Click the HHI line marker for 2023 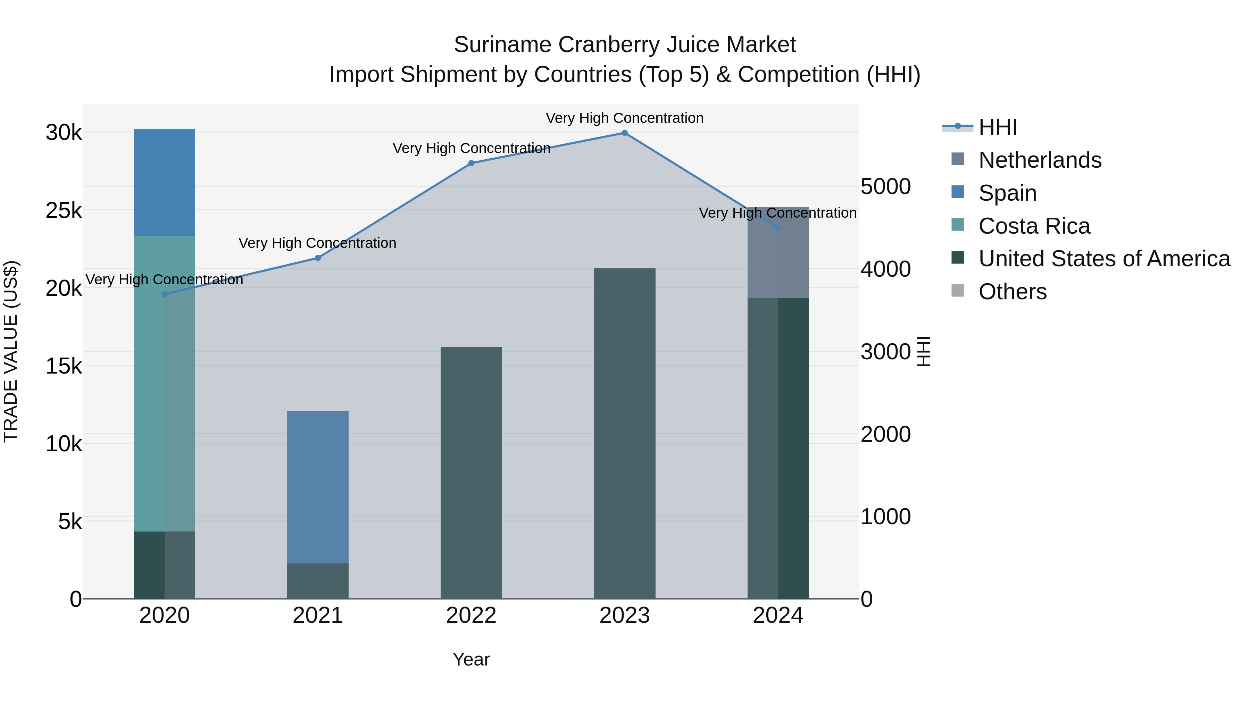625,133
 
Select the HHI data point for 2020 165,294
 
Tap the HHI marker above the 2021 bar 318,258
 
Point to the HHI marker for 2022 471,164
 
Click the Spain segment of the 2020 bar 165,182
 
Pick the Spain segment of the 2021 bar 318,487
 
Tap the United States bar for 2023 625,433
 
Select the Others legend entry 1012,292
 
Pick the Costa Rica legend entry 1034,226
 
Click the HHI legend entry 997,127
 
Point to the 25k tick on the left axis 64,211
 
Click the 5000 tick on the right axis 885,187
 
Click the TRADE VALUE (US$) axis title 11,351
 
